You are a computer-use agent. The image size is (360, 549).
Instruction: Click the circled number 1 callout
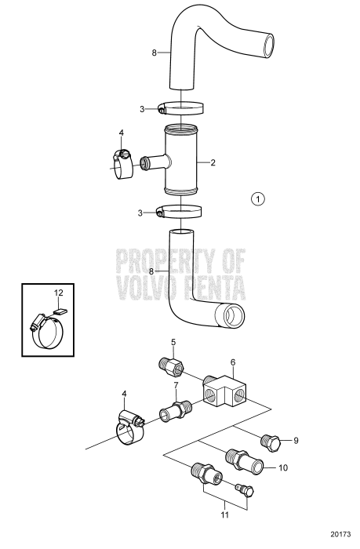pyautogui.click(x=258, y=198)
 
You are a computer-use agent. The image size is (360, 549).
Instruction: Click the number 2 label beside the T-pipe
pyautogui.click(x=212, y=163)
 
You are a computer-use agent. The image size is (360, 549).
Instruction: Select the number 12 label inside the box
pyautogui.click(x=57, y=293)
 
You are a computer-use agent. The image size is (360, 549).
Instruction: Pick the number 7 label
pyautogui.click(x=176, y=385)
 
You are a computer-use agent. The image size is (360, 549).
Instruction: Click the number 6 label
pyautogui.click(x=232, y=362)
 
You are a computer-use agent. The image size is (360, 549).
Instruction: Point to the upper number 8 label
pyautogui.click(x=155, y=53)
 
